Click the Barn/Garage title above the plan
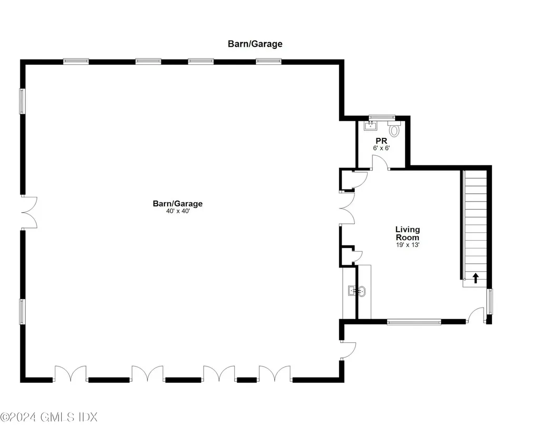pos(255,44)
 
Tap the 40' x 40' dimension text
pos(177,212)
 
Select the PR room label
pos(381,141)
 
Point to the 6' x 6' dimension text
pos(381,148)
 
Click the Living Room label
pos(408,233)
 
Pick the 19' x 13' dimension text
pos(408,244)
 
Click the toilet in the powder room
pos(394,129)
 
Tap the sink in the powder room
pos(371,126)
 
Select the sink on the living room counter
pos(357,290)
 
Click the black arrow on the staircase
pos(476,277)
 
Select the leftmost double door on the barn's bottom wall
pos(70,374)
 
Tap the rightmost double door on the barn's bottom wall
pos(275,374)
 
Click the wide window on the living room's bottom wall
pos(414,321)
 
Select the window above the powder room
pos(381,117)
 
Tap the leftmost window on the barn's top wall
pos(76,62)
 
